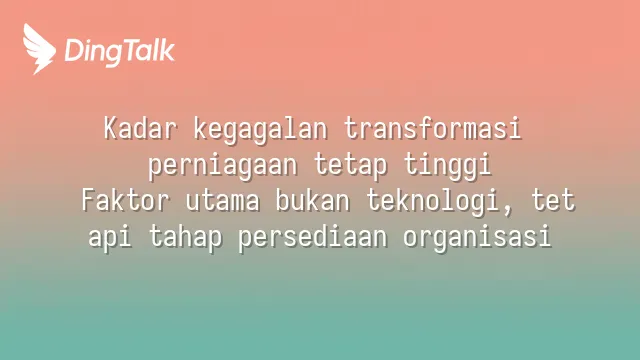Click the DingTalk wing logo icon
pos(39,49)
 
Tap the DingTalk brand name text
pos(120,51)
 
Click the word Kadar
pos(140,128)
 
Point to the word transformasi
pos(433,128)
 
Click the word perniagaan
pos(222,167)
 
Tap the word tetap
pos(350,166)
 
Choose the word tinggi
pos(448,166)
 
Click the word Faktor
pos(125,200)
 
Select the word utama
pos(222,201)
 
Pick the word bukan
pos(313,200)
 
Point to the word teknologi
pos(433,202)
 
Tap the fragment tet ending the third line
pos(553,201)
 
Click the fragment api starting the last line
pos(110,238)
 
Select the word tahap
pos(185,238)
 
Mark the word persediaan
pos(313,236)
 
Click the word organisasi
pos(478,237)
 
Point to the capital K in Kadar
pos(110,128)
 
